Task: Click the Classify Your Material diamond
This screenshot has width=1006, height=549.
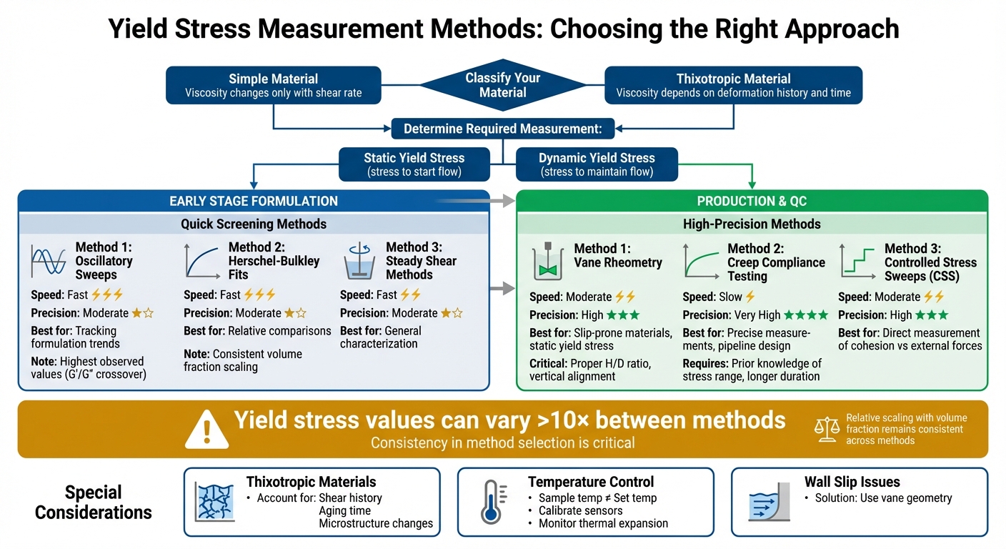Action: [x=502, y=85]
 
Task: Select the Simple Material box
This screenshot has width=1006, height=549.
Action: [x=273, y=85]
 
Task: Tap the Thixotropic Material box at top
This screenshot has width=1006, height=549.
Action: [x=733, y=85]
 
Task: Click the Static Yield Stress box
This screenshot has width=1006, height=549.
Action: [x=414, y=164]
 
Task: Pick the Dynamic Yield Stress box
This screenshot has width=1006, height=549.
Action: [x=597, y=164]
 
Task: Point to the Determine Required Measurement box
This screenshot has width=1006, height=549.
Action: [x=502, y=129]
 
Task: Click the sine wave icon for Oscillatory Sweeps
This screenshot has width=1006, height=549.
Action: [x=49, y=262]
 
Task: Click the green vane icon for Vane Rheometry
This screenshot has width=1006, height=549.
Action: [x=549, y=263]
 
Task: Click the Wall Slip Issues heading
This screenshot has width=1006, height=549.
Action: [x=852, y=482]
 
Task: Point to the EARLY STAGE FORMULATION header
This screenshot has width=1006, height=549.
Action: [x=254, y=201]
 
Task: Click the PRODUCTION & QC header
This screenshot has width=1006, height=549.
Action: [x=752, y=201]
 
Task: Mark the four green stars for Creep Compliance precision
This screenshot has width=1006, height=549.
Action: [x=806, y=315]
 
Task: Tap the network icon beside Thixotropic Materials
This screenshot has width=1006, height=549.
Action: [x=214, y=502]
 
